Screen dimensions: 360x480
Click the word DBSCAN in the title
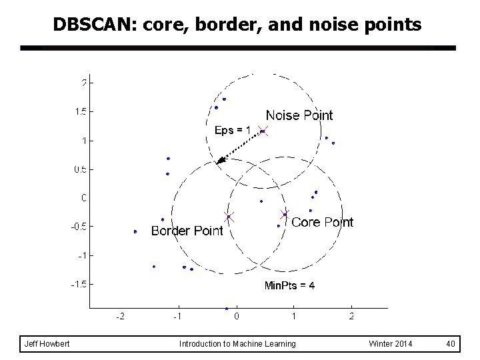93,25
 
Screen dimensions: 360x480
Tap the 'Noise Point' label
299,115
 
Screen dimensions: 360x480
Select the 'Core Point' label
322,222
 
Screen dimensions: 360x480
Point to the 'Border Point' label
187,231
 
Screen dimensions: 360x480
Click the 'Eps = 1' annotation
232,130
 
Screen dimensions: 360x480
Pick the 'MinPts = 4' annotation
289,285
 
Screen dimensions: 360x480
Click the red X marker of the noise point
263,131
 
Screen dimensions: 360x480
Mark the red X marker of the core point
285,215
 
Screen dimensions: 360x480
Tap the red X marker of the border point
229,217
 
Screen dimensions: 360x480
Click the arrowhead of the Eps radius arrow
221,160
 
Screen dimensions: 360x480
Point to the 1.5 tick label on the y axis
79,111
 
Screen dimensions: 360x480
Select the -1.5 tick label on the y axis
78,284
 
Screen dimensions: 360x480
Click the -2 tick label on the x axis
120,317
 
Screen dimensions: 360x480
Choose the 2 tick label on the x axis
351,317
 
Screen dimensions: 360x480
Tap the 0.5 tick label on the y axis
79,169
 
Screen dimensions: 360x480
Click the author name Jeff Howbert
47,344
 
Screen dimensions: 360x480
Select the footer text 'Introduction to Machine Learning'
237,344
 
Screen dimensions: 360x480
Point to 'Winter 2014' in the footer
390,344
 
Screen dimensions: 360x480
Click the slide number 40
451,344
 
